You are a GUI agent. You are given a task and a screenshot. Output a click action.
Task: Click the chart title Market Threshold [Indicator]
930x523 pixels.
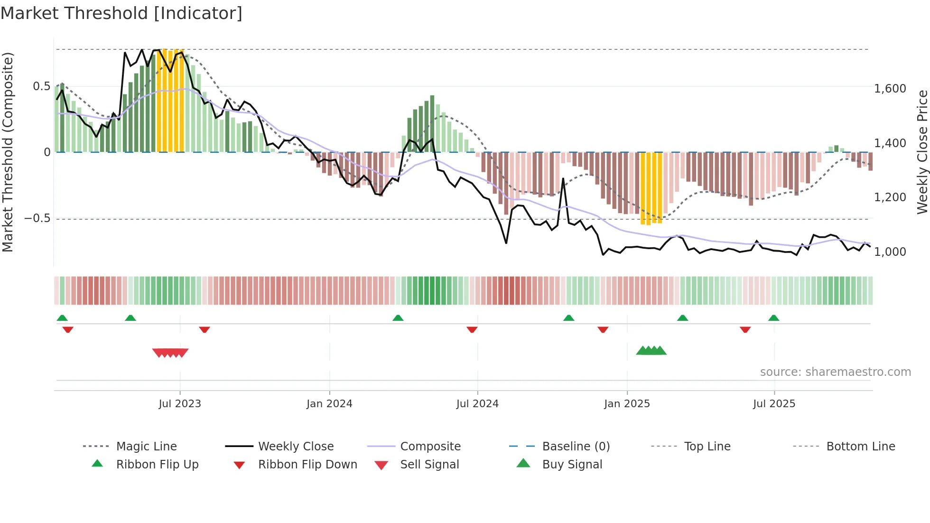121,13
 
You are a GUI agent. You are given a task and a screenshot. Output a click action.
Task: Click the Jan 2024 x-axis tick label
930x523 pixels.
329,404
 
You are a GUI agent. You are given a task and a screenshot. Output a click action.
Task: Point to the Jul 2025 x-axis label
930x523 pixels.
774,404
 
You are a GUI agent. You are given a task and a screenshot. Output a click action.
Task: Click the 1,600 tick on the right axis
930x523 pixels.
890,89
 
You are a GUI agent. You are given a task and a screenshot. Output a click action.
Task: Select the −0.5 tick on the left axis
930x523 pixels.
37,218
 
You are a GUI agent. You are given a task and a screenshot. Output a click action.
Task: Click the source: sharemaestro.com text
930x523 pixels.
835,372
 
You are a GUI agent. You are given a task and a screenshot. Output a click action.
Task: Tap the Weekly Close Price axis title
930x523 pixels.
922,152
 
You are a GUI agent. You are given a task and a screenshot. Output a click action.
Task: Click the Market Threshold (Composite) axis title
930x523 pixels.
8,152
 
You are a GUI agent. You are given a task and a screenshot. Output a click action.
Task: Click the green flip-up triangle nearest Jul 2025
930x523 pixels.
773,318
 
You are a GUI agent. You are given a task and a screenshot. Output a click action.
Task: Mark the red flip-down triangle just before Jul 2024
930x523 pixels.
472,329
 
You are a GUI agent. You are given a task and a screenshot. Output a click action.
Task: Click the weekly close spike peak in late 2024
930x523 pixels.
563,179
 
